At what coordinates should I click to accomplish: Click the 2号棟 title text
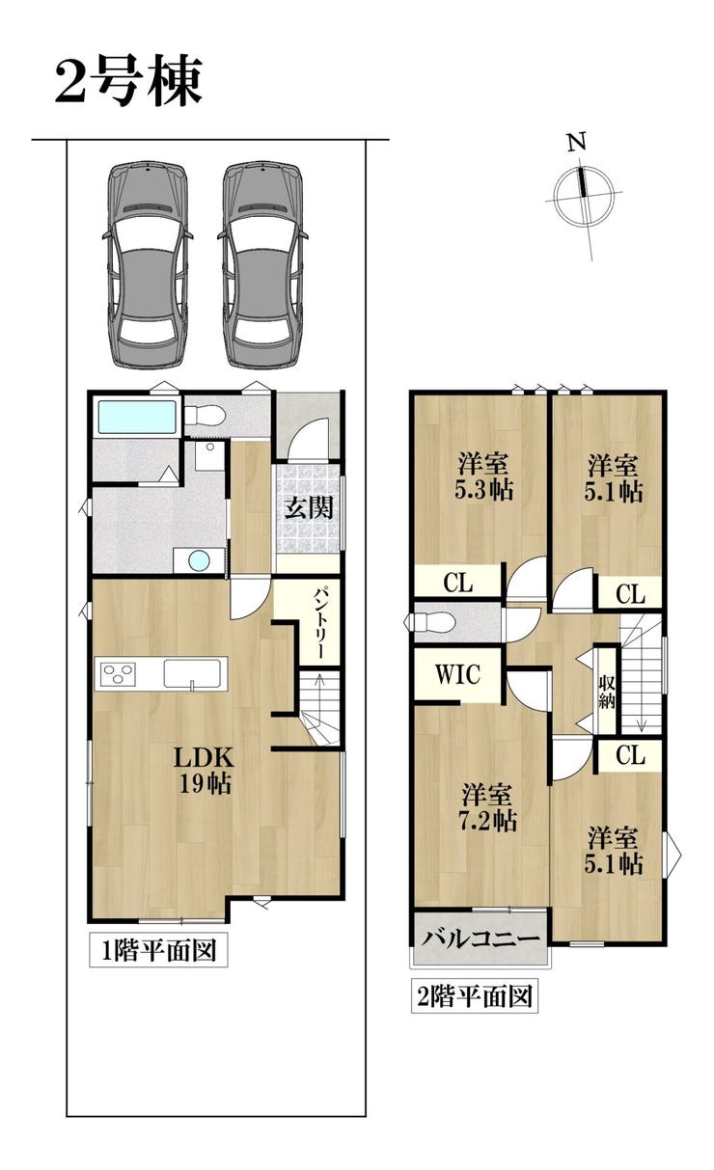(128, 82)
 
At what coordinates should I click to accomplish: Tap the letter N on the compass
(577, 142)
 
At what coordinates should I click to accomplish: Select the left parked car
(148, 265)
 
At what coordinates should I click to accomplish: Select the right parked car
(262, 265)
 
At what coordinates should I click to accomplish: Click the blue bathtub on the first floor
(137, 417)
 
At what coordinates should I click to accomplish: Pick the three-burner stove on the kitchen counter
(119, 674)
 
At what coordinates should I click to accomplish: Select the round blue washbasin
(199, 561)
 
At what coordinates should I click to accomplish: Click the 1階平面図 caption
(158, 950)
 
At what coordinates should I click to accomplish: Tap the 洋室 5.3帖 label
(483, 476)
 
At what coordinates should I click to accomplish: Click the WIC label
(457, 674)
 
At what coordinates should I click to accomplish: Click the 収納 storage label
(607, 691)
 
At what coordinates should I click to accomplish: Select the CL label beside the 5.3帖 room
(458, 582)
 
